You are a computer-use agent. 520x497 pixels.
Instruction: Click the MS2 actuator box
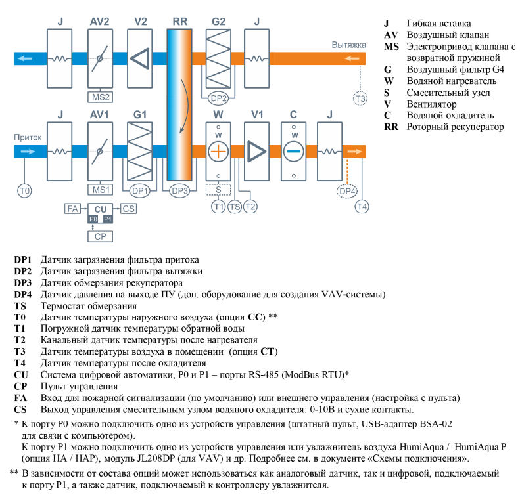click(100, 97)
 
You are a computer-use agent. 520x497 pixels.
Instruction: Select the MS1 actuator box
click(100, 190)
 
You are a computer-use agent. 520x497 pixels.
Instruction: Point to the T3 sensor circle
click(360, 98)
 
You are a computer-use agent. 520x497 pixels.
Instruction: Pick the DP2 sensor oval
click(218, 98)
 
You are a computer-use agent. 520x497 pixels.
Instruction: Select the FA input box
click(72, 209)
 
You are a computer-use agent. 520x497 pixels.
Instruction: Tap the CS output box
click(129, 209)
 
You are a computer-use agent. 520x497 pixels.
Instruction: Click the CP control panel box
click(101, 236)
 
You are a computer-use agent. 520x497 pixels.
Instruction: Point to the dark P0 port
click(93, 218)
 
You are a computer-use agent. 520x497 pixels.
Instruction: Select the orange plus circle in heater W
click(218, 150)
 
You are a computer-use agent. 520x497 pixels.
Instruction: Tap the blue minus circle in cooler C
click(294, 150)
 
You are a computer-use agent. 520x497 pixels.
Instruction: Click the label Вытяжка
click(348, 44)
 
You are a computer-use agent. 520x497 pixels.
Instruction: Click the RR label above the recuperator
click(179, 22)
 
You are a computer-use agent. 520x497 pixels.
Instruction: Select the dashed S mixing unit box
click(218, 190)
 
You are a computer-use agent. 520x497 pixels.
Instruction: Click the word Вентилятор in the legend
click(435, 104)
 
